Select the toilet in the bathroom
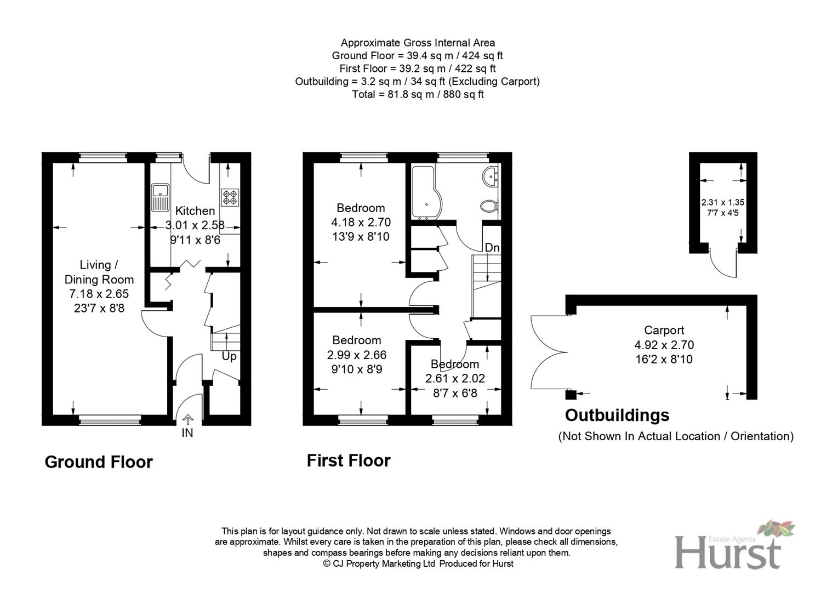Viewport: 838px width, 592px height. [x=488, y=207]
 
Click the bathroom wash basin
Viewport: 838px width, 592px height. [x=491, y=176]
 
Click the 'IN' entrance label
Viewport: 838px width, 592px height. [x=187, y=433]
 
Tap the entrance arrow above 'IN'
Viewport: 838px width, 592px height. [x=187, y=420]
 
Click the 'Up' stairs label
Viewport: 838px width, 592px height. [x=229, y=356]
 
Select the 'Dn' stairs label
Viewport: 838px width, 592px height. [x=492, y=248]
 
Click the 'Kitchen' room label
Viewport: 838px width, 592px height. [x=195, y=210]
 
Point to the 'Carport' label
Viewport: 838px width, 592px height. [x=664, y=330]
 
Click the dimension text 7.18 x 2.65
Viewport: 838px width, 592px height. [x=99, y=294]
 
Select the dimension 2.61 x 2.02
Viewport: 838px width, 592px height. [x=455, y=378]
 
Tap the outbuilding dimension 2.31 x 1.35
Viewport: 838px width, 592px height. [x=722, y=202]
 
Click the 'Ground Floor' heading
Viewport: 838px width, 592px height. [x=99, y=462]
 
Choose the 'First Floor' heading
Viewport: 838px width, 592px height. [x=349, y=460]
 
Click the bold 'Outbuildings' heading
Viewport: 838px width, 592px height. [x=617, y=415]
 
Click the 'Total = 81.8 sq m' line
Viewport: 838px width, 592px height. [x=418, y=94]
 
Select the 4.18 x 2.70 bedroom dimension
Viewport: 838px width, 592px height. [x=361, y=222]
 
